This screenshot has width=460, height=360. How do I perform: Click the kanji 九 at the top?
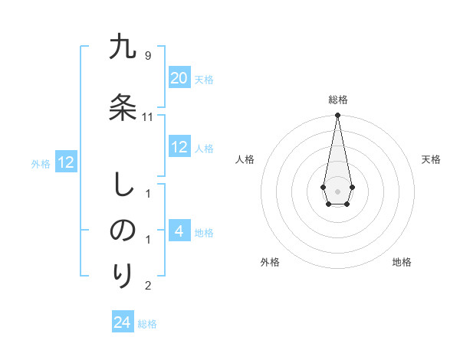(x=123, y=48)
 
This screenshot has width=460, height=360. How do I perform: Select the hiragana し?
(x=123, y=186)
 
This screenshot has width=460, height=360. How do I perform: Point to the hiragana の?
(x=123, y=231)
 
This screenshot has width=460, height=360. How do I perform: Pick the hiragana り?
(x=123, y=273)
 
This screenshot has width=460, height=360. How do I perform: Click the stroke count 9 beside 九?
(x=148, y=55)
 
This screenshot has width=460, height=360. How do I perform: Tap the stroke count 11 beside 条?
(x=148, y=116)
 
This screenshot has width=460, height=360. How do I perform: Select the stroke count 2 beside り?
(x=148, y=286)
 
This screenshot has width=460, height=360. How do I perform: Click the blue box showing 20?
(x=179, y=78)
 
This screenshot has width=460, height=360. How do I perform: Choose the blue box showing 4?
(x=179, y=231)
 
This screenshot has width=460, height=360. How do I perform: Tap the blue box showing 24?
(x=122, y=322)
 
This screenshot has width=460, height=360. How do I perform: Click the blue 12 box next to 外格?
(x=65, y=162)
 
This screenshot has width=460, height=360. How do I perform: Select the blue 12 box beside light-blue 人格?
(x=179, y=147)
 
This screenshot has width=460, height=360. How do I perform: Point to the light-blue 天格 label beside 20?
(x=204, y=80)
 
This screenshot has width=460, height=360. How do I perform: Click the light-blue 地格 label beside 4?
(x=204, y=232)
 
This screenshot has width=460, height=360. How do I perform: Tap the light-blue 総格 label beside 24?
(x=147, y=324)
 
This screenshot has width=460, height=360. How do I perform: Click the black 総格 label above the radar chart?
(x=338, y=100)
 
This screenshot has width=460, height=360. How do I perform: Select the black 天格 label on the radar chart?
(x=431, y=159)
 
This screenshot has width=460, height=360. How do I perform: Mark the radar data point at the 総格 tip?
(x=337, y=116)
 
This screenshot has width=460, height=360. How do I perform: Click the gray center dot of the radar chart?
(x=337, y=190)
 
